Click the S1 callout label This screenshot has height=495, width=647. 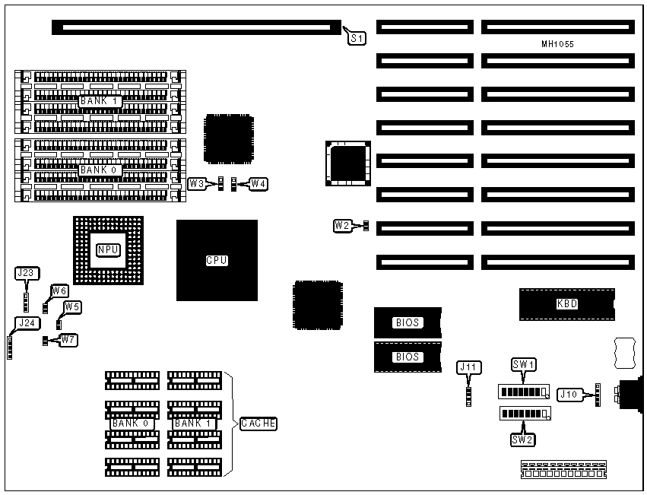[x=357, y=36]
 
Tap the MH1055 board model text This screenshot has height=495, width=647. [x=557, y=45]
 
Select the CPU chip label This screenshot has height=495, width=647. [x=217, y=260]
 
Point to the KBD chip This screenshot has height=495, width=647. [x=566, y=304]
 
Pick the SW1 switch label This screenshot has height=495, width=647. [x=524, y=365]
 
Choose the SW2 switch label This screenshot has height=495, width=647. [x=522, y=438]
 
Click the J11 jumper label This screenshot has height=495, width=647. [x=469, y=367]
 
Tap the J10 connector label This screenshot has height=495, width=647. [x=569, y=394]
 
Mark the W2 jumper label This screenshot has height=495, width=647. [x=343, y=225]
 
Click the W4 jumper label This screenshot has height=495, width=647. [x=258, y=183]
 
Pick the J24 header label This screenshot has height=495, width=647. [x=27, y=322]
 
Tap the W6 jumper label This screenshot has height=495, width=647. [x=59, y=290]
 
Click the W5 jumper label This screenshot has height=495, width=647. [x=72, y=306]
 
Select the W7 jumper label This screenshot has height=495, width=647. [x=68, y=339]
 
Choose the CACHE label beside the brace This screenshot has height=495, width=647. [x=258, y=424]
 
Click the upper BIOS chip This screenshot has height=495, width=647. [x=407, y=322]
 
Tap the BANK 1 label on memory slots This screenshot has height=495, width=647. [x=100, y=100]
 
